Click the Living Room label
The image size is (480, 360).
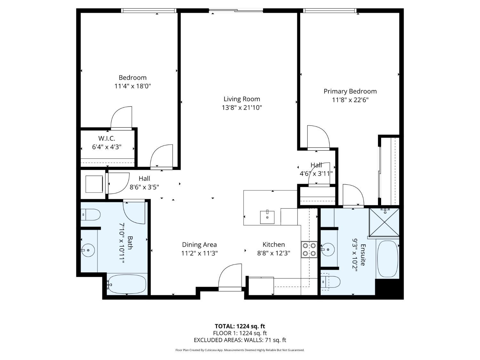(242, 99)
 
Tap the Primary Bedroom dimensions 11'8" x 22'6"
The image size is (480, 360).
(350, 100)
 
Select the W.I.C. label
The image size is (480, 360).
(107, 139)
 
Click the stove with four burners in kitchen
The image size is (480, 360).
(309, 250)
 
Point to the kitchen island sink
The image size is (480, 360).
(267, 217)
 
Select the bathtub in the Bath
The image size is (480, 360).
(127, 284)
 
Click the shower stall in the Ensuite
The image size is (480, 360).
(384, 222)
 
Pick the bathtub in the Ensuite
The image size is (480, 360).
(387, 259)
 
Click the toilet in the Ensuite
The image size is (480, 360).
(330, 282)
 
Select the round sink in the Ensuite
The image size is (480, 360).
(328, 249)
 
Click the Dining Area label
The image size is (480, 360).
(199, 245)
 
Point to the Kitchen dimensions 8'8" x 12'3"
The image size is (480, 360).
(274, 253)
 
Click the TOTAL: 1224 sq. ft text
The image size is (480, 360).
(240, 326)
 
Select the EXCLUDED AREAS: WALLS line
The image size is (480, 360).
(240, 340)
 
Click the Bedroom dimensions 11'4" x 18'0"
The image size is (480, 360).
(132, 86)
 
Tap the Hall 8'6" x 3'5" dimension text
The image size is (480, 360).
(144, 187)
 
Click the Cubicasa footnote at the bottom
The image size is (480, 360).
(240, 350)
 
